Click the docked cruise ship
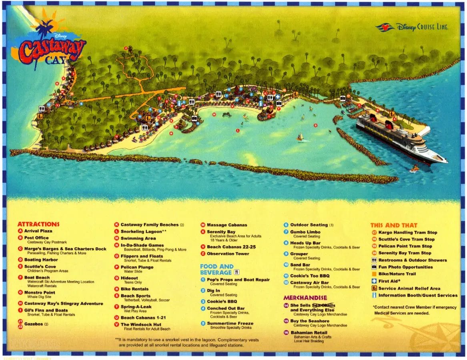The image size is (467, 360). tap(400, 138)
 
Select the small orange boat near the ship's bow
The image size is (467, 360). tap(415, 169)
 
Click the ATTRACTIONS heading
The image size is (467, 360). tap(38, 224)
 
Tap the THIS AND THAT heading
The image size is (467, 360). tap(393, 225)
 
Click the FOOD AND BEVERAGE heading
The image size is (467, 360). tap(216, 269)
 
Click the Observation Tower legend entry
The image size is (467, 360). tap(228, 254)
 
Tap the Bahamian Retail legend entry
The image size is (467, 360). tap(309, 332)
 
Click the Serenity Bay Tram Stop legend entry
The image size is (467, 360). tap(405, 253)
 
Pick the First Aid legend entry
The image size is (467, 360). tap(388, 281)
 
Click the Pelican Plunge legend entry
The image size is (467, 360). tap(137, 267)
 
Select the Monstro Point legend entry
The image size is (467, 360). tap(40, 292)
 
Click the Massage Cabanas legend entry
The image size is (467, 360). tap(227, 225)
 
